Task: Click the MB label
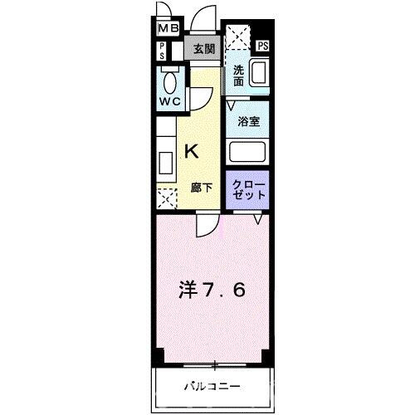point(168,29)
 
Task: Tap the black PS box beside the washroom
point(263,46)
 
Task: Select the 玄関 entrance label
point(203,48)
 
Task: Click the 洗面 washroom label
point(238,76)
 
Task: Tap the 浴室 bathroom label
point(248,121)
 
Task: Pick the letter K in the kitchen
point(191,151)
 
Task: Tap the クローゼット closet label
point(249,188)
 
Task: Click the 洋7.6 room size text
point(212,291)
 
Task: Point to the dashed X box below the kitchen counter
point(167,198)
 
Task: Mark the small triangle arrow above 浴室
point(232,105)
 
